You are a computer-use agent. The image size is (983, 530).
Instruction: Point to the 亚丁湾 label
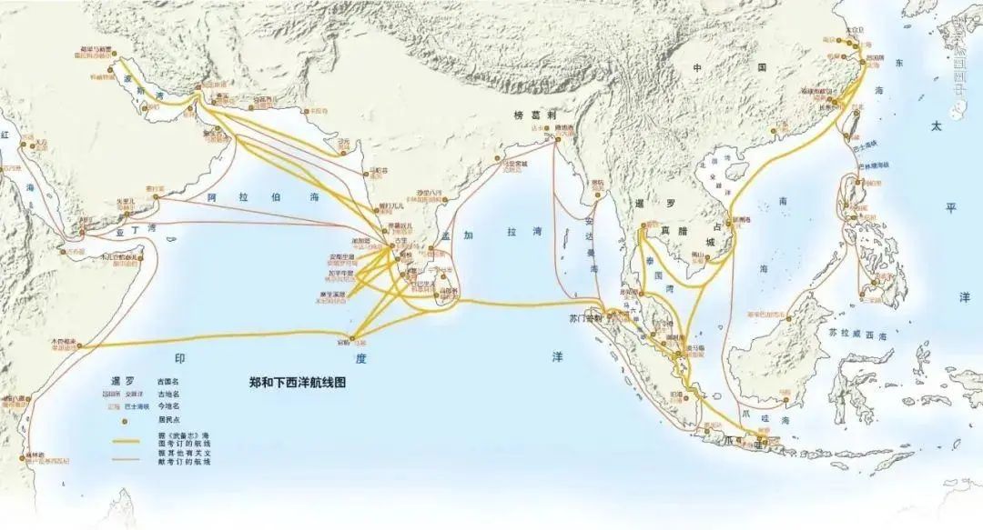click(136, 230)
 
